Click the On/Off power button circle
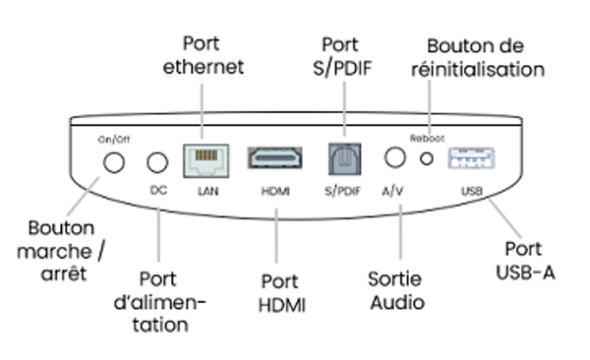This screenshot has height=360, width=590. (x=115, y=161)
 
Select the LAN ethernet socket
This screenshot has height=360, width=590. (x=206, y=159)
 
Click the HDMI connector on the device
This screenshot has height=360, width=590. (x=274, y=159)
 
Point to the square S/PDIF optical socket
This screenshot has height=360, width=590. (x=344, y=159)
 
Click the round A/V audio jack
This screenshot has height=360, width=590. (x=396, y=157)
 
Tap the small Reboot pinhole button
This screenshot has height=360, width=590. (x=427, y=158)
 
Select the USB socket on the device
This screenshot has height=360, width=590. (x=471, y=159)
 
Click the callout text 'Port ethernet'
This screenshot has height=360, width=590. (x=203, y=56)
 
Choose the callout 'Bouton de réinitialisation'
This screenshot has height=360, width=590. (x=485, y=57)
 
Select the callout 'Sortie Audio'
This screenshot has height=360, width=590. (x=395, y=290)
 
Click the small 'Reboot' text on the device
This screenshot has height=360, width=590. (x=427, y=139)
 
